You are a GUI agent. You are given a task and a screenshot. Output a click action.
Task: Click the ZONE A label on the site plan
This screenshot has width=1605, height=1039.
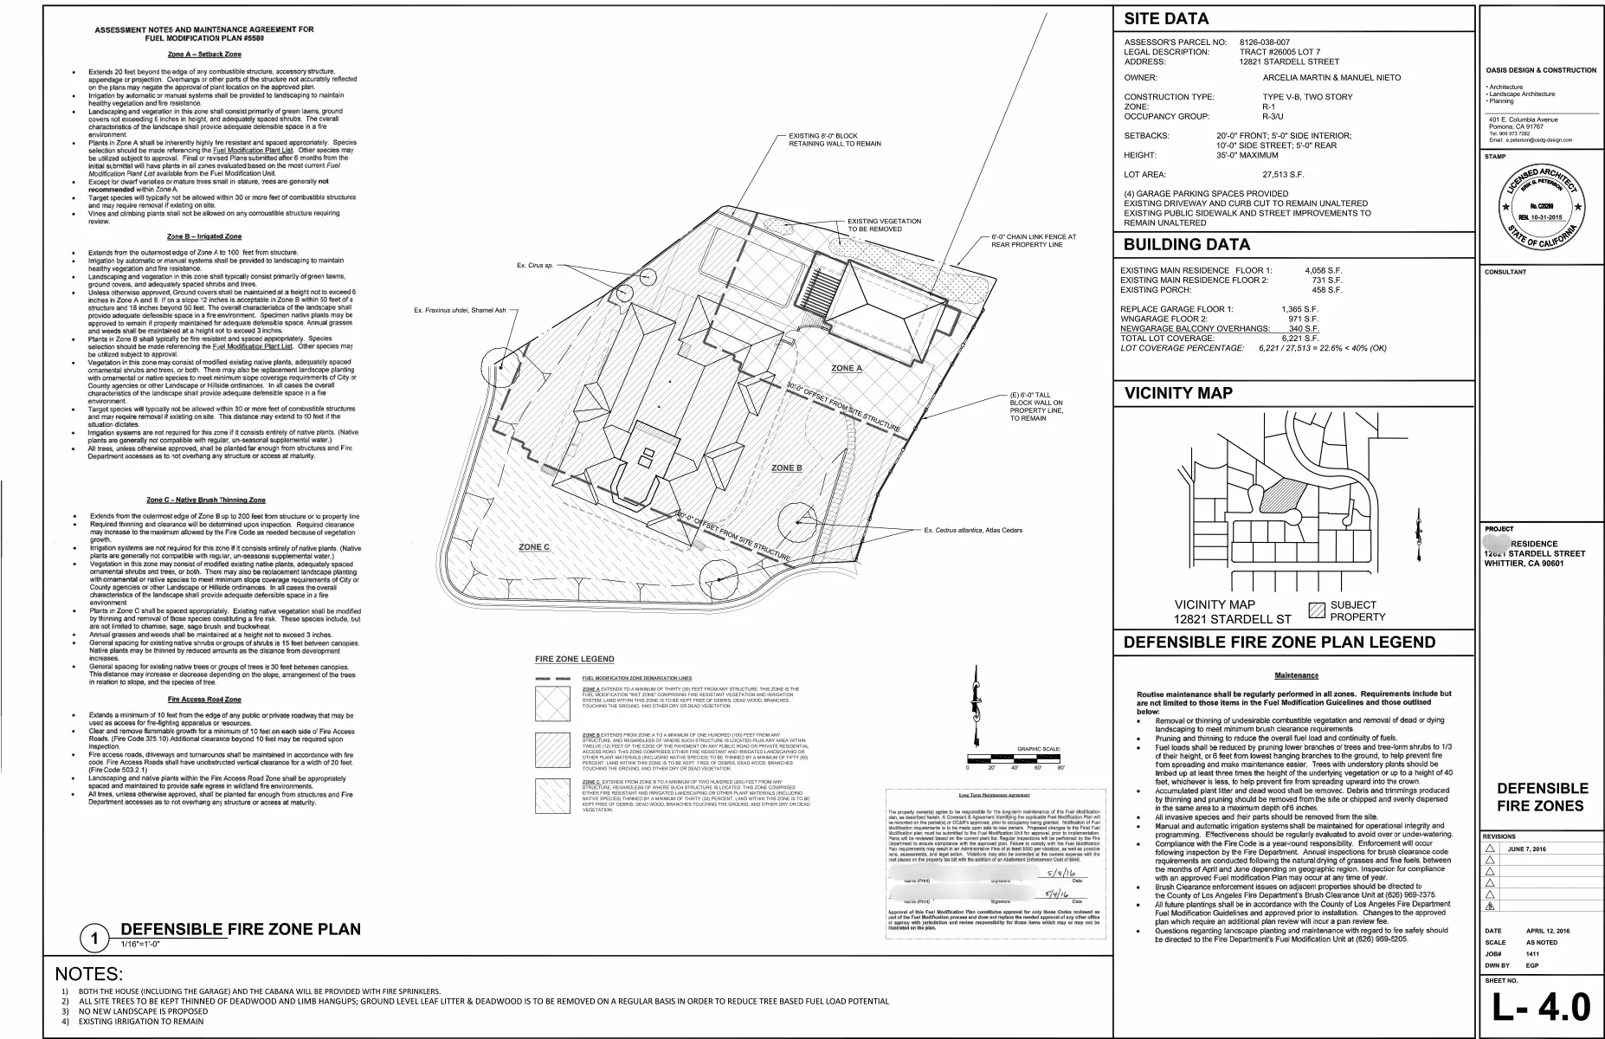pyautogui.click(x=847, y=368)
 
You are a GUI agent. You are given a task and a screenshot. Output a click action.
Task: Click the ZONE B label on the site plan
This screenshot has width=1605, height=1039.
pyautogui.click(x=786, y=468)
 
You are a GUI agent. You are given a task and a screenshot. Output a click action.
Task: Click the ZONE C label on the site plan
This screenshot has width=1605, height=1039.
pyautogui.click(x=534, y=547)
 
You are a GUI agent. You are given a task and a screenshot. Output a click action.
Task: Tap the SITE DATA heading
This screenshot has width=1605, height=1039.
pyautogui.click(x=1165, y=19)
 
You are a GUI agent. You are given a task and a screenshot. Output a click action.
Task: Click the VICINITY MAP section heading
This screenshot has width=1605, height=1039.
pyautogui.click(x=1178, y=393)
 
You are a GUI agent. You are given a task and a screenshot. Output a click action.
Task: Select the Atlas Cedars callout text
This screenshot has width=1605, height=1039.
pyautogui.click(x=973, y=530)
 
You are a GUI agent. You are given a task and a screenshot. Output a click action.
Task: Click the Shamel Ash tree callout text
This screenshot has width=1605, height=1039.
pyautogui.click(x=460, y=310)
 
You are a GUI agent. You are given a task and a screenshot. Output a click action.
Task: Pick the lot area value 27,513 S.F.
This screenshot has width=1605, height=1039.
pyautogui.click(x=1283, y=175)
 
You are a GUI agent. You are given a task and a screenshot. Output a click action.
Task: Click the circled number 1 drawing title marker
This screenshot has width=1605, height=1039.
pyautogui.click(x=93, y=939)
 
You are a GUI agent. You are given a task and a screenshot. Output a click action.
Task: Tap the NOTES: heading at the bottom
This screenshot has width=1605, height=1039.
pyautogui.click(x=89, y=974)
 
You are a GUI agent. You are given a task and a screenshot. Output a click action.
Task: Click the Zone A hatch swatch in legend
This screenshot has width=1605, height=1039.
pyautogui.click(x=552, y=703)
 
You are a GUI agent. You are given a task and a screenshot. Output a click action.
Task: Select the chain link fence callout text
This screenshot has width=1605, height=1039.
pyautogui.click(x=1034, y=241)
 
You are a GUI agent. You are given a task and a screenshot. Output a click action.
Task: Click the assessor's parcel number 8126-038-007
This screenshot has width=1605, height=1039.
pyautogui.click(x=1264, y=42)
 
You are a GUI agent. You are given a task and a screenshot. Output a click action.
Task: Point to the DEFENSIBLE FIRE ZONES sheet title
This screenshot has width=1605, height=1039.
pyautogui.click(x=1542, y=797)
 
